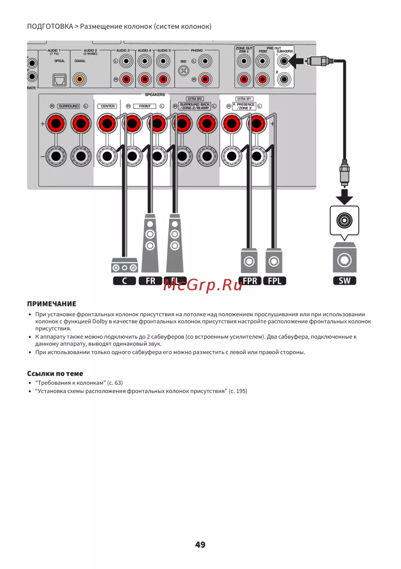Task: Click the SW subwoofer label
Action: tap(344, 281)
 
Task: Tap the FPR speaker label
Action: tap(250, 281)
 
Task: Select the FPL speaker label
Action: tap(275, 281)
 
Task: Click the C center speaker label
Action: tap(124, 281)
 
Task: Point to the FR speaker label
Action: tap(150, 281)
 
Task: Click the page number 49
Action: tap(200, 545)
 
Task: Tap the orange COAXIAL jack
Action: tap(79, 79)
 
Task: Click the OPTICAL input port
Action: tap(60, 80)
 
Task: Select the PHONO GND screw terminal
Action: tap(184, 71)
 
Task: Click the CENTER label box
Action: tap(107, 106)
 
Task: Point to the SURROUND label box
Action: tap(69, 106)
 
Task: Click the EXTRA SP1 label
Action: tap(244, 99)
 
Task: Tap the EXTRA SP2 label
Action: tap(195, 99)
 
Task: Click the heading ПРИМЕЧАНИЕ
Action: tap(51, 304)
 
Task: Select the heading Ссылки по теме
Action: tap(55, 374)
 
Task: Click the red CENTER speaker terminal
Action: tap(107, 124)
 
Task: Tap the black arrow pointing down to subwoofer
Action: tap(344, 196)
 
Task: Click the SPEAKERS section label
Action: tap(155, 95)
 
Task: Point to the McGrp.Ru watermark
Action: tap(203, 285)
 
